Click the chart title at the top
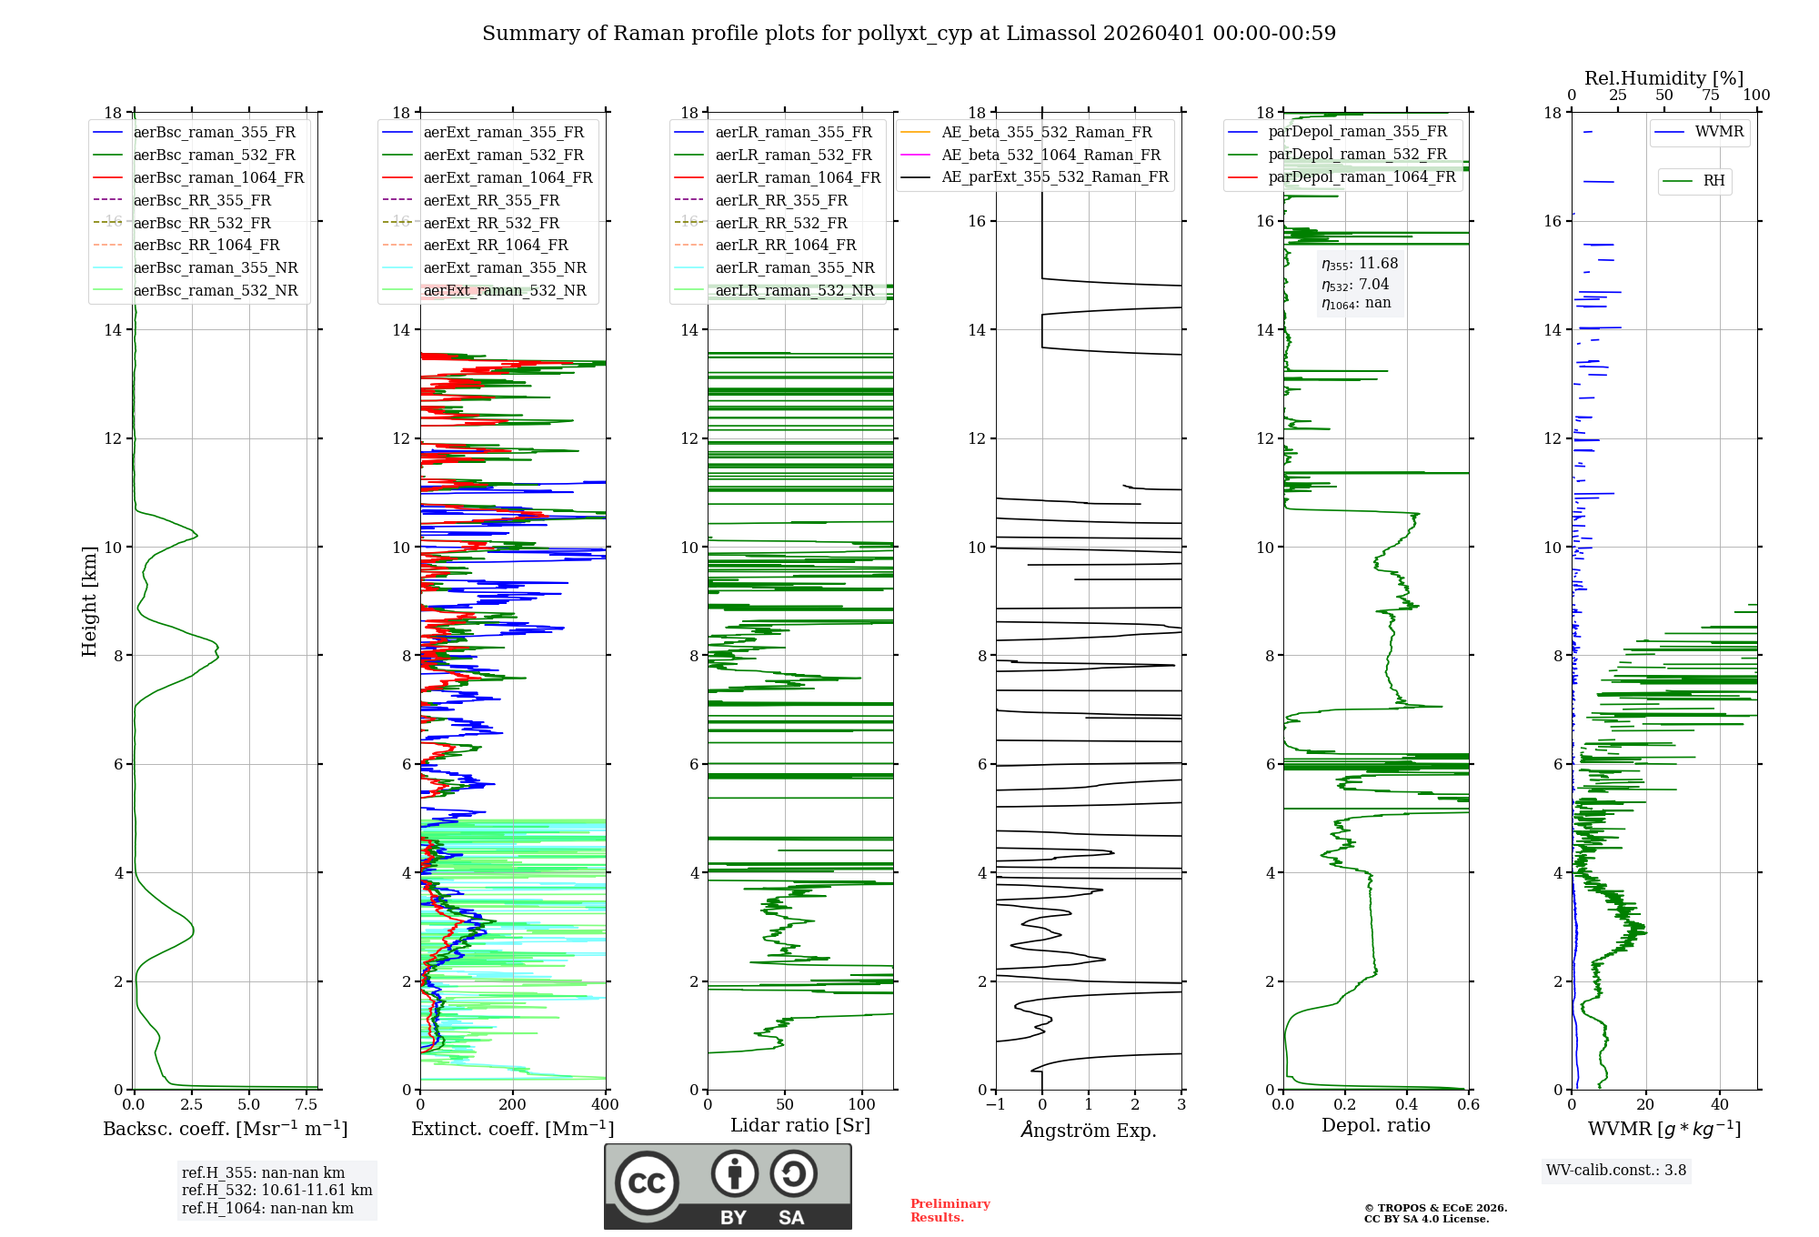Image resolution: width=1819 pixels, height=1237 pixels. click(909, 34)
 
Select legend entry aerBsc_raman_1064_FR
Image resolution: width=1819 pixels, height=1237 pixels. click(218, 177)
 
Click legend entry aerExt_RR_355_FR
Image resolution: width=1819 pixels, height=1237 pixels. click(491, 200)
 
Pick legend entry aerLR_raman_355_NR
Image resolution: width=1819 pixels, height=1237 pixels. click(794, 267)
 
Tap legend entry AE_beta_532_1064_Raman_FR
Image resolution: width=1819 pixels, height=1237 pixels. click(1050, 155)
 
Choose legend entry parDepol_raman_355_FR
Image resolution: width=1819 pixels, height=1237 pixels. click(1357, 132)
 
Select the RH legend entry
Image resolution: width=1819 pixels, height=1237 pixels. click(1713, 181)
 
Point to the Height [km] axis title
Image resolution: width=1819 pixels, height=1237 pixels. click(89, 601)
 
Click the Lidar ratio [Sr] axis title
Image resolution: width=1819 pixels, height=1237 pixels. click(800, 1125)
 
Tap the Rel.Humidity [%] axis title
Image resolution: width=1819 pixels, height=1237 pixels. click(1663, 78)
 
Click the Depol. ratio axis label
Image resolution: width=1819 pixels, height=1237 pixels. click(1375, 1125)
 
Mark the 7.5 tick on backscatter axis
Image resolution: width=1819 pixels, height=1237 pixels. click(307, 1105)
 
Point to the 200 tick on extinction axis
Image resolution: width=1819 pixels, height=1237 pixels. click(513, 1105)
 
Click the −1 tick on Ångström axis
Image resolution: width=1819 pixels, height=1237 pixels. click(995, 1105)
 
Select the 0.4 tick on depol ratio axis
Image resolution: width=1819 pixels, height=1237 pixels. click(1407, 1105)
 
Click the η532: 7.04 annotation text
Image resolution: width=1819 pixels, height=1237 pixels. click(1355, 285)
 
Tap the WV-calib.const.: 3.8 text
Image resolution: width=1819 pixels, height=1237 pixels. click(1616, 1171)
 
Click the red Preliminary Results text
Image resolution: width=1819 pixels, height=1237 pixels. click(950, 1211)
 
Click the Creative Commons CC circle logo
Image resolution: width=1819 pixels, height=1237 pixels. click(647, 1183)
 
